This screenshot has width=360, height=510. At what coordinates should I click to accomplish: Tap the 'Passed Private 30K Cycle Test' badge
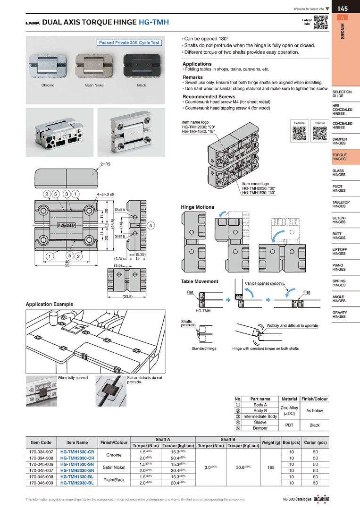[129, 43]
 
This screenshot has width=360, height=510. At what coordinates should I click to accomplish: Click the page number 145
[343, 8]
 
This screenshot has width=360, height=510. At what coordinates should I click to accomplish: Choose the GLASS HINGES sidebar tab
[338, 173]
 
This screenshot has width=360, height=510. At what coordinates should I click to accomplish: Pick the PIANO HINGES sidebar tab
[339, 267]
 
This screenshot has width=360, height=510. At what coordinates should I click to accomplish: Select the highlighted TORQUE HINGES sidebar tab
[339, 157]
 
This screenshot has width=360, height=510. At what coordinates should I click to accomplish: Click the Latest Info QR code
[321, 23]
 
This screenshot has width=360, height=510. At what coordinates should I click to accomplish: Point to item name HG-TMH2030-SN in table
[77, 470]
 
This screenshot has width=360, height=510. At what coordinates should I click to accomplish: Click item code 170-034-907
[41, 452]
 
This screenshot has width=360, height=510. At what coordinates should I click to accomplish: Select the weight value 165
[270, 467]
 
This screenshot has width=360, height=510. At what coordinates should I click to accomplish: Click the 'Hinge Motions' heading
[197, 207]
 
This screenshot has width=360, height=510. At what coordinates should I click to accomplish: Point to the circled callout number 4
[151, 226]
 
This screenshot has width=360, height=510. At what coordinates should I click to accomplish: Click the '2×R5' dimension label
[104, 164]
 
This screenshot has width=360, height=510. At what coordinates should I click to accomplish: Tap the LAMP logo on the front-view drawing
[67, 225]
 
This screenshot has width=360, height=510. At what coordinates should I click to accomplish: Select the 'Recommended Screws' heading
[209, 97]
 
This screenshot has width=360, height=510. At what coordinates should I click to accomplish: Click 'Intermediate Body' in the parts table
[260, 416]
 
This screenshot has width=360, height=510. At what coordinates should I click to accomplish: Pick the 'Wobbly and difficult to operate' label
[292, 325]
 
